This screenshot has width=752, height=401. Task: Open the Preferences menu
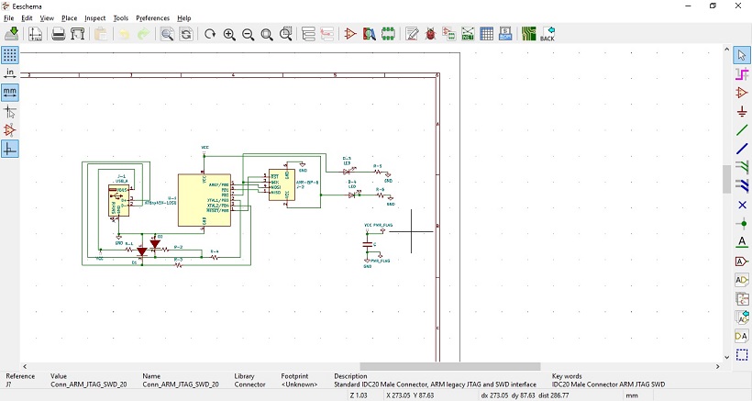coord(152,18)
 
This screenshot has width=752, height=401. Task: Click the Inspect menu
coord(95,18)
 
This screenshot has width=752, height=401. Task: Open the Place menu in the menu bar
coord(69,18)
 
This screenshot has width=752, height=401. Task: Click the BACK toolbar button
coord(547,34)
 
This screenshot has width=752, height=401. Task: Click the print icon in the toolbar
coord(58,34)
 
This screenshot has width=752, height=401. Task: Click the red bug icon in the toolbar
coord(430,34)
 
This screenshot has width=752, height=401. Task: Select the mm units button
coord(10,92)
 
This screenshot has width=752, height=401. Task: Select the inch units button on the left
coord(10,72)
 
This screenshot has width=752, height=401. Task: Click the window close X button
coord(738,6)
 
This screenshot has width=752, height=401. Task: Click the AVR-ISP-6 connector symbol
coord(282,186)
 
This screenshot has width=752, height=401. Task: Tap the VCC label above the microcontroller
coord(205,147)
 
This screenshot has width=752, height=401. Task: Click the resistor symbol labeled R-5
coord(377,172)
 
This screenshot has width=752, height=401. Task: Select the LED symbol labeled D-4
coord(352,194)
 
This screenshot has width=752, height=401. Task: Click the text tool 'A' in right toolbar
coord(742,242)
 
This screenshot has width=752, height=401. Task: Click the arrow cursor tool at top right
coord(742,55)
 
